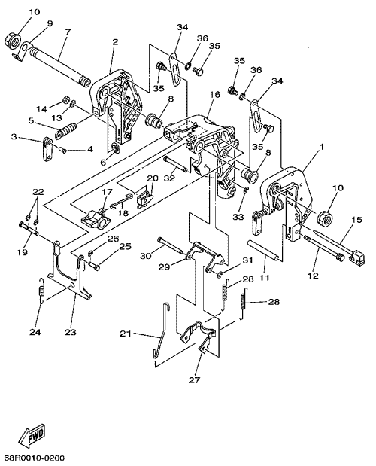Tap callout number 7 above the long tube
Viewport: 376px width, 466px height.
(x=68, y=32)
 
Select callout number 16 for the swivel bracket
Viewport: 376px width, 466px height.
(x=215, y=95)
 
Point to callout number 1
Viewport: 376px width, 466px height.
(x=322, y=147)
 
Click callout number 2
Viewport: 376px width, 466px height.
(x=115, y=41)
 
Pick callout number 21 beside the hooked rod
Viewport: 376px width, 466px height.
(x=125, y=334)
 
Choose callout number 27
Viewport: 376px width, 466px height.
(x=194, y=379)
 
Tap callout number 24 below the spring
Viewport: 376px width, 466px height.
(x=35, y=332)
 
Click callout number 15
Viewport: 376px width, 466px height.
(x=357, y=220)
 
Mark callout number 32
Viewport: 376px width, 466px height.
(x=169, y=178)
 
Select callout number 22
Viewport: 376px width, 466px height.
(x=38, y=192)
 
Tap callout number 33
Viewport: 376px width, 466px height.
(x=238, y=217)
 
